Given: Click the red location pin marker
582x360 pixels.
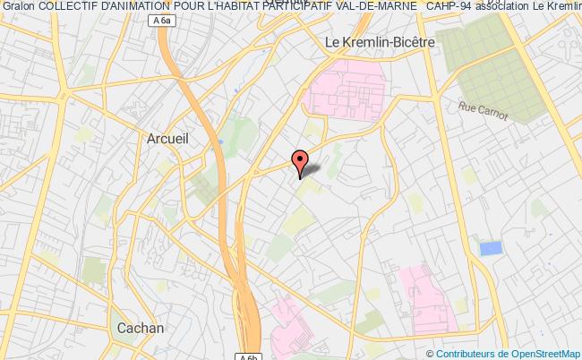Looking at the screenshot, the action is click(299, 162).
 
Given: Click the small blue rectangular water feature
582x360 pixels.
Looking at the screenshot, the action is click(491, 248).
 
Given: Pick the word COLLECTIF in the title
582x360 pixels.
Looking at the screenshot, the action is click(68, 8).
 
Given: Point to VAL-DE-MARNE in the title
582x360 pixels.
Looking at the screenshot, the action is click(375, 8).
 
